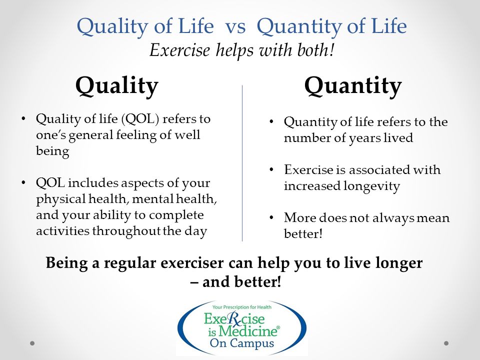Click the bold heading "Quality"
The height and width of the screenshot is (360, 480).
click(x=116, y=86)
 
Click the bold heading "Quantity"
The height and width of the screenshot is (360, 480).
click(x=352, y=86)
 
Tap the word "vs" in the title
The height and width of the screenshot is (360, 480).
click(x=235, y=26)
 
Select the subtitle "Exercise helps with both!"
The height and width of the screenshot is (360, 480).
click(x=241, y=50)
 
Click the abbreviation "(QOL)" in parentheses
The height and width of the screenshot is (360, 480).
click(x=140, y=119)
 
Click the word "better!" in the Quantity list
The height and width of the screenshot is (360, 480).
click(x=303, y=233)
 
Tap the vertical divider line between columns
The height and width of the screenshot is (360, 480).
click(x=242, y=163)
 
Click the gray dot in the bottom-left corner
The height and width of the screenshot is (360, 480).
click(x=32, y=343)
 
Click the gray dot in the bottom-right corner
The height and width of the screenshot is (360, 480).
click(x=446, y=343)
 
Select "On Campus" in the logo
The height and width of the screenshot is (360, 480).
click(x=241, y=343)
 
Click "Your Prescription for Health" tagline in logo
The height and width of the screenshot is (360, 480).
click(x=242, y=307)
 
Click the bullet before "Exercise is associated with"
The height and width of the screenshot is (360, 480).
click(x=271, y=170)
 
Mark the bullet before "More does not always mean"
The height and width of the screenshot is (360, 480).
click(x=271, y=218)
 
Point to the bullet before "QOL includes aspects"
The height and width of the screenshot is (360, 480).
click(x=23, y=183)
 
